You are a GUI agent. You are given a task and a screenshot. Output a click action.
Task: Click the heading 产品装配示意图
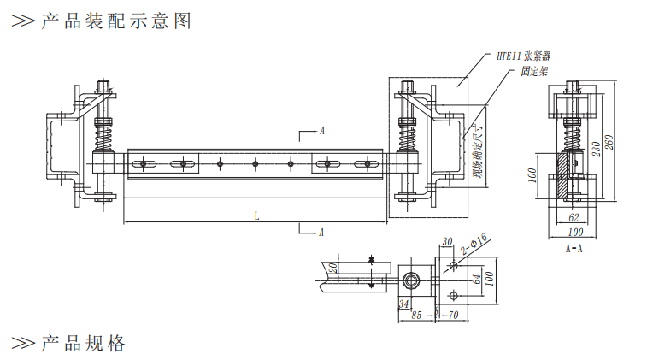click(x=115, y=21)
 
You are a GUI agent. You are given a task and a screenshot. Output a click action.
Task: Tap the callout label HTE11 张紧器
click(x=522, y=56)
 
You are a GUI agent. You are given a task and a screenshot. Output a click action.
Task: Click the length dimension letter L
click(x=256, y=215)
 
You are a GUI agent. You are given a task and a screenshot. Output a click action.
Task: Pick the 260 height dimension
click(x=609, y=142)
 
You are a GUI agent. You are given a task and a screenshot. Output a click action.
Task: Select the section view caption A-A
click(x=574, y=249)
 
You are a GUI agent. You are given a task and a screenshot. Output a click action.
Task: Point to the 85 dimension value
click(x=416, y=315)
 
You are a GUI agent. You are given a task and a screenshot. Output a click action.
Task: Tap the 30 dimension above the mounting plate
click(x=446, y=242)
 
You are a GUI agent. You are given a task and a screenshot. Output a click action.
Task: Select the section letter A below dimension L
click(x=321, y=232)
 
